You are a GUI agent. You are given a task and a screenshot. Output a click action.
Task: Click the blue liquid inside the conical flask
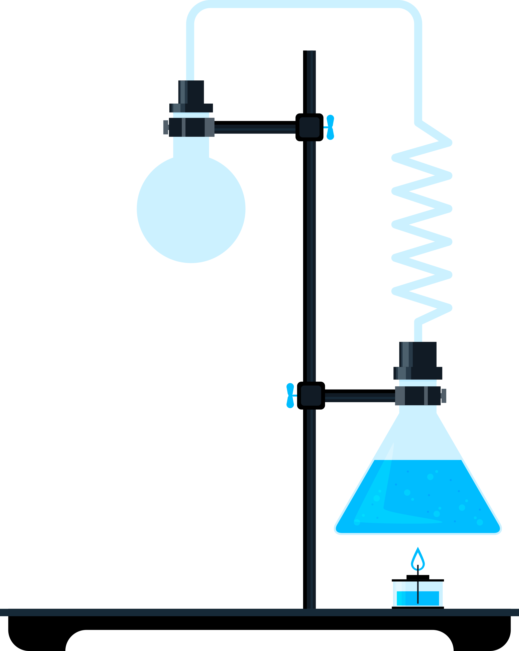click(418, 498)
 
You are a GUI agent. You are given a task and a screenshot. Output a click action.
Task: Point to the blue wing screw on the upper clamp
click(330, 127)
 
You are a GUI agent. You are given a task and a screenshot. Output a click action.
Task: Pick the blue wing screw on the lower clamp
click(290, 395)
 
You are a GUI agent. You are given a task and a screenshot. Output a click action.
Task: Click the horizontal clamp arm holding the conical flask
click(360, 398)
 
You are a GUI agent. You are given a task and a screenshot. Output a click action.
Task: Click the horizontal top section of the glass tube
click(302, 4)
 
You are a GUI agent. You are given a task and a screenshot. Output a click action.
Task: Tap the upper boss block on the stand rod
click(309, 127)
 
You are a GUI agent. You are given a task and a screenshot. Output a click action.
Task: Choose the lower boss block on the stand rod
click(311, 395)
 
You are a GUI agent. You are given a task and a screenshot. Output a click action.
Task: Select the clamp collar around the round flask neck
click(191, 127)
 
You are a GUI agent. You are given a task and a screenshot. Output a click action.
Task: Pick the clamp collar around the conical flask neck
click(418, 396)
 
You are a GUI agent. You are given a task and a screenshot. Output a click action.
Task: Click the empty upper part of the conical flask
click(418, 438)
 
